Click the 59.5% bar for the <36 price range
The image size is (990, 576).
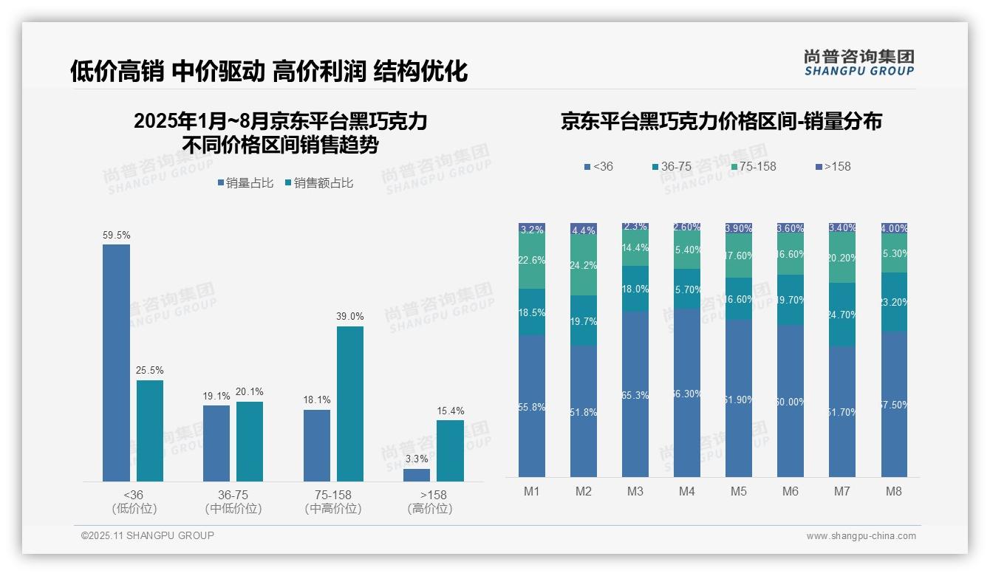point(116,363)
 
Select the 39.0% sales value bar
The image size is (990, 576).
point(350,403)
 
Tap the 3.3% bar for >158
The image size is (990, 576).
point(417,475)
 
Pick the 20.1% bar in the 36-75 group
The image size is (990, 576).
point(250,441)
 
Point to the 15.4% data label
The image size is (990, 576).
point(450,411)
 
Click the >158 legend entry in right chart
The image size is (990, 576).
point(833,167)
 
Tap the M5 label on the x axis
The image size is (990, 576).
point(739,491)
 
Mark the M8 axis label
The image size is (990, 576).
point(893,491)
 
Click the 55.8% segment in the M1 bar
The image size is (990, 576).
point(532,406)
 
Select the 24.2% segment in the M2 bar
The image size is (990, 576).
point(584,265)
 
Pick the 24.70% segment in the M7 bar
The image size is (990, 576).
point(842,315)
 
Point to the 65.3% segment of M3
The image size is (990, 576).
point(635,394)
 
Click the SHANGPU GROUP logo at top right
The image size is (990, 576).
point(858,63)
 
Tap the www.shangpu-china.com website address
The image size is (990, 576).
point(861,536)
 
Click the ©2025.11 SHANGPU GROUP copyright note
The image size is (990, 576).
point(148,536)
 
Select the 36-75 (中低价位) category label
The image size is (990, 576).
point(233,501)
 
